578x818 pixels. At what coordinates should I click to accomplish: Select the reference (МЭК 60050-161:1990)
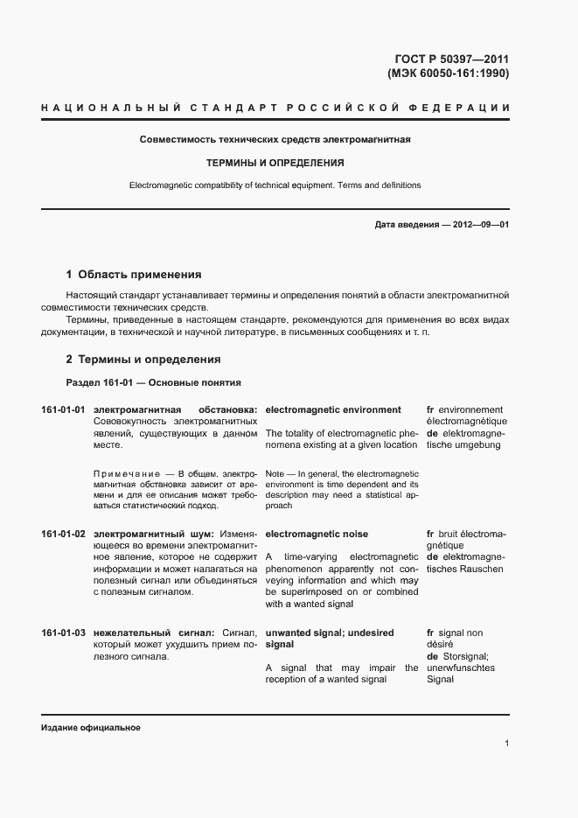coord(447,73)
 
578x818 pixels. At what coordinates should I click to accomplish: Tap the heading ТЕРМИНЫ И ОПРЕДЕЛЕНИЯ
coord(275,163)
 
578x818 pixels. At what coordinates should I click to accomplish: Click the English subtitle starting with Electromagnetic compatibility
coord(275,185)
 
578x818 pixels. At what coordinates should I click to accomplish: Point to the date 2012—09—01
coord(481,225)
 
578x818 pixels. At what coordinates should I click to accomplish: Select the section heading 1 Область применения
coord(134,274)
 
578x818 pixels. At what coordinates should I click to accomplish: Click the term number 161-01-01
coord(63,409)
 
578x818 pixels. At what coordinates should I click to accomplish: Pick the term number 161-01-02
coord(63,534)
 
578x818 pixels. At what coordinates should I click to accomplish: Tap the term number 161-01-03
coord(63,633)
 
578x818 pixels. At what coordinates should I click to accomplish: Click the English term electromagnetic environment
coord(333,409)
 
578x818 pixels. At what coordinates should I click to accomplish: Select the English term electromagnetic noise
coord(317,534)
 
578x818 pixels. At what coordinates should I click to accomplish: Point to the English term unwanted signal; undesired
coord(329,633)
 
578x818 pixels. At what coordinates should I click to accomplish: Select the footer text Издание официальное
coord(91,728)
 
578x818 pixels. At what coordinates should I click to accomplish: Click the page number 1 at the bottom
coord(506,744)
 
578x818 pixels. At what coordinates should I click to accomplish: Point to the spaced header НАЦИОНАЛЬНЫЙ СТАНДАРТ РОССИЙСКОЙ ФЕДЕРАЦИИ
coord(275,108)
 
